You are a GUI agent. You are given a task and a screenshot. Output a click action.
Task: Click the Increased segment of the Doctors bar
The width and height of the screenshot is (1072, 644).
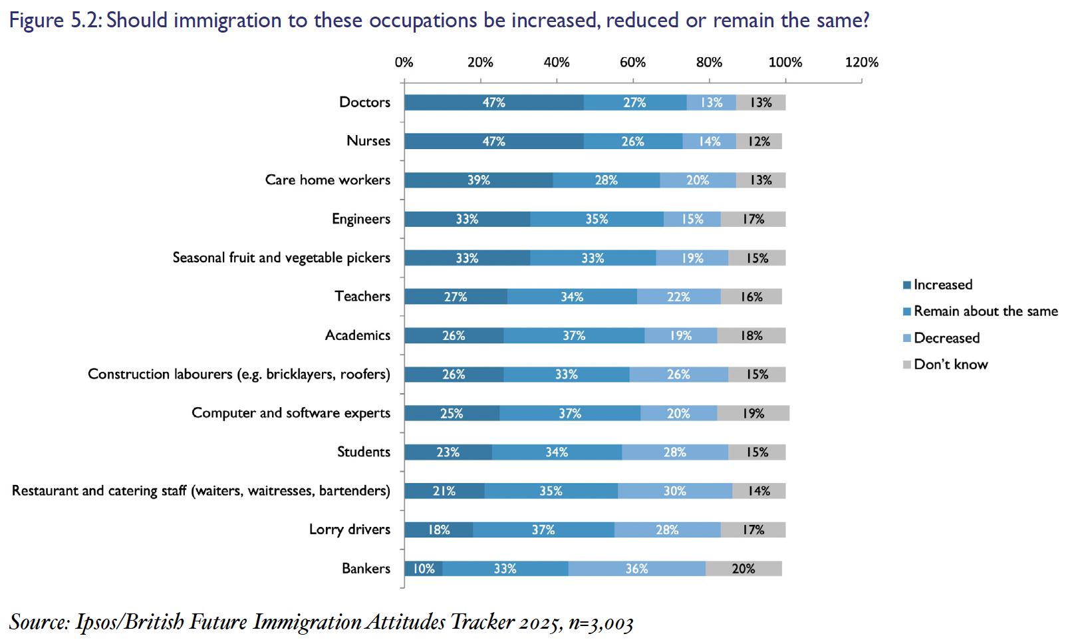pos(493,102)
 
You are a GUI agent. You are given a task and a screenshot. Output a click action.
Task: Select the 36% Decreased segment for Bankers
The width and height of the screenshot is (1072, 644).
pos(636,569)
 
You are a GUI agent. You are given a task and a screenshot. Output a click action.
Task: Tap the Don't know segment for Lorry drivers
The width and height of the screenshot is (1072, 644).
pos(753,530)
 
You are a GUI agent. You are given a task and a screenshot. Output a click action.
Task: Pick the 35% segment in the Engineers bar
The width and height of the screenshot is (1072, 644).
pos(597,219)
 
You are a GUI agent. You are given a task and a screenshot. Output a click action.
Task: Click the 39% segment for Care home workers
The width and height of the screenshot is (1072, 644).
pos(478,180)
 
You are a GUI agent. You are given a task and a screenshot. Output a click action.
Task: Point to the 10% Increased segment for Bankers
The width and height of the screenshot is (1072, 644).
pos(424,569)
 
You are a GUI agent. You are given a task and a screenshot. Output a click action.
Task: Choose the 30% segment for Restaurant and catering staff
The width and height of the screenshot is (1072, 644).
pos(674,491)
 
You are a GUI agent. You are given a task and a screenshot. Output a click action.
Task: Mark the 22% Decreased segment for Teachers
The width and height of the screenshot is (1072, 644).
pos(678,297)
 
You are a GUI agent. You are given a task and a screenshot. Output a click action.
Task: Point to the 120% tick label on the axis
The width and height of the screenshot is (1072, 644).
pos(861,63)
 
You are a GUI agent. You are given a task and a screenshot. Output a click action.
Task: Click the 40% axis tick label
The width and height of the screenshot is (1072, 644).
pos(556,63)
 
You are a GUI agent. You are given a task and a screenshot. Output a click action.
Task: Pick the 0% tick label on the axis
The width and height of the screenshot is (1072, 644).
pos(404,63)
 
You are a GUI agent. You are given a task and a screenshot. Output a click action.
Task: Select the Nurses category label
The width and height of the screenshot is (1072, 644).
pos(368,141)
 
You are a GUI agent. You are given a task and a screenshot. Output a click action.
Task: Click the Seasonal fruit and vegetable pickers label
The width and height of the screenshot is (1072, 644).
pos(281,257)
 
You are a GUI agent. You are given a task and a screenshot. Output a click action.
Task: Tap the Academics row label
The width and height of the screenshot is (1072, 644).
pos(358,335)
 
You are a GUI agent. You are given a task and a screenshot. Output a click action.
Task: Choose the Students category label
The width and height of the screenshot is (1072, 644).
pos(364,452)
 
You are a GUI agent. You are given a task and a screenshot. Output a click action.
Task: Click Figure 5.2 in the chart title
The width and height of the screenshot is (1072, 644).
pos(56,21)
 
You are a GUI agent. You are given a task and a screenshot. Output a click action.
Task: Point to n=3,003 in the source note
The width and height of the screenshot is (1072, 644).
pos(601,623)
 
